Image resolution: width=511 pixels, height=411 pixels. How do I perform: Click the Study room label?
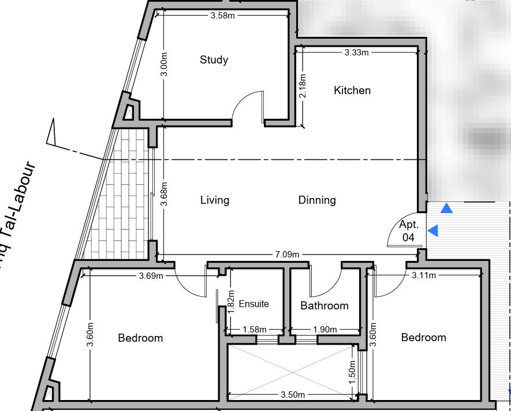(214, 60)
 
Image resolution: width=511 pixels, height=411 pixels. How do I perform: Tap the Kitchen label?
(352, 90)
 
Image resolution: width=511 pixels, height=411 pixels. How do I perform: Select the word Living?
(215, 200)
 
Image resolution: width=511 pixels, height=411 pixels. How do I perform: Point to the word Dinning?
(317, 200)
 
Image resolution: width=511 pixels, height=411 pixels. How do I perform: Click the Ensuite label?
(254, 304)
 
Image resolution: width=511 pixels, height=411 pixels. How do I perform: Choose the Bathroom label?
(324, 306)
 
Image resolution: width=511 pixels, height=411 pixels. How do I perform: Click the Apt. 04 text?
(409, 231)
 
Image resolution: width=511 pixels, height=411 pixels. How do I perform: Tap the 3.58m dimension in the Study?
(222, 16)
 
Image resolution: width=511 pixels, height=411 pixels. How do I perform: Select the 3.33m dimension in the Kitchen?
(356, 53)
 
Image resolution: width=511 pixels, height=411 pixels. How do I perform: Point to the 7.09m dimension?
(287, 254)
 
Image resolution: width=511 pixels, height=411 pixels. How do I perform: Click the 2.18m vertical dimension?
(303, 85)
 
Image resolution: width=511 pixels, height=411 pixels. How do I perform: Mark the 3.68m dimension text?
(164, 194)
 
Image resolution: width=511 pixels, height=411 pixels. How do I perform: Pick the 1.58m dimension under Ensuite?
(255, 330)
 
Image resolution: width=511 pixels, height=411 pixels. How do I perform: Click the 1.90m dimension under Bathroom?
(325, 330)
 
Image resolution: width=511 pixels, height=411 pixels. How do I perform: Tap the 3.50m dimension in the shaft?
(293, 395)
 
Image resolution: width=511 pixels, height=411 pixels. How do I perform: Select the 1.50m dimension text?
(352, 372)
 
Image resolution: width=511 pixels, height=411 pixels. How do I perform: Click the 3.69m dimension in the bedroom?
(151, 276)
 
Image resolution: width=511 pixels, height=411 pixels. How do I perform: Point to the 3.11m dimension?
(424, 275)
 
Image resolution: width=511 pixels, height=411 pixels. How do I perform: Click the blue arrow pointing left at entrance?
(432, 231)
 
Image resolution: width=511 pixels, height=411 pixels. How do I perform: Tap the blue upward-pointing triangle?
(446, 208)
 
